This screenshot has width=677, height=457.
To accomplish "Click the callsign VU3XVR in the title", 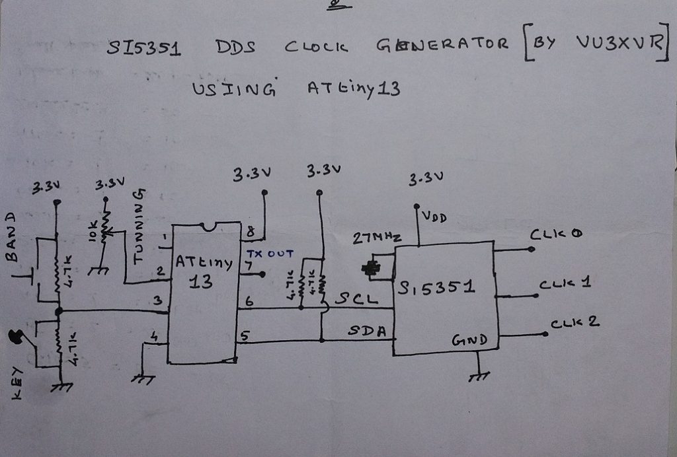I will (618, 43).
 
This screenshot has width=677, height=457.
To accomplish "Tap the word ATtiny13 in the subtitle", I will (353, 88).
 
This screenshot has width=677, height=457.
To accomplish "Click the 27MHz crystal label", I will (377, 239).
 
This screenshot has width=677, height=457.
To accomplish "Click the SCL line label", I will (356, 299).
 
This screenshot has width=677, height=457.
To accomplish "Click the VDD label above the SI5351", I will (435, 216).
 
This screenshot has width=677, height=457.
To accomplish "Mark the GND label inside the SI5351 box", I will (469, 341).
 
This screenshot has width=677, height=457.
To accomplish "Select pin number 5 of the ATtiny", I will (244, 336).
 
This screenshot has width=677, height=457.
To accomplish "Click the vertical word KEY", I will (16, 383).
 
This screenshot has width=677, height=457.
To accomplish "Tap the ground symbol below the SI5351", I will (478, 376).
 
